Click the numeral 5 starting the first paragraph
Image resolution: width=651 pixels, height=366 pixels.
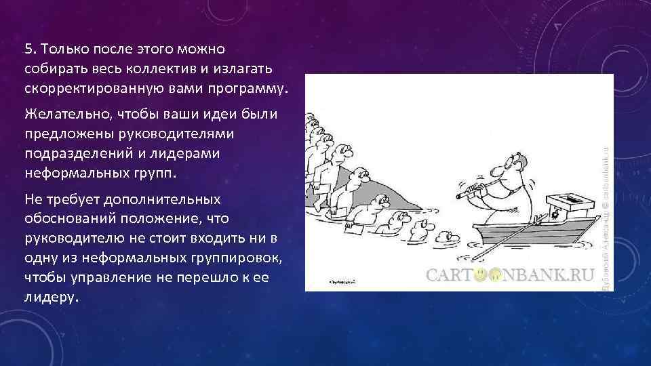click(28, 49)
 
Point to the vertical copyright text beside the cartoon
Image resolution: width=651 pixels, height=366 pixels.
click(608, 183)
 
